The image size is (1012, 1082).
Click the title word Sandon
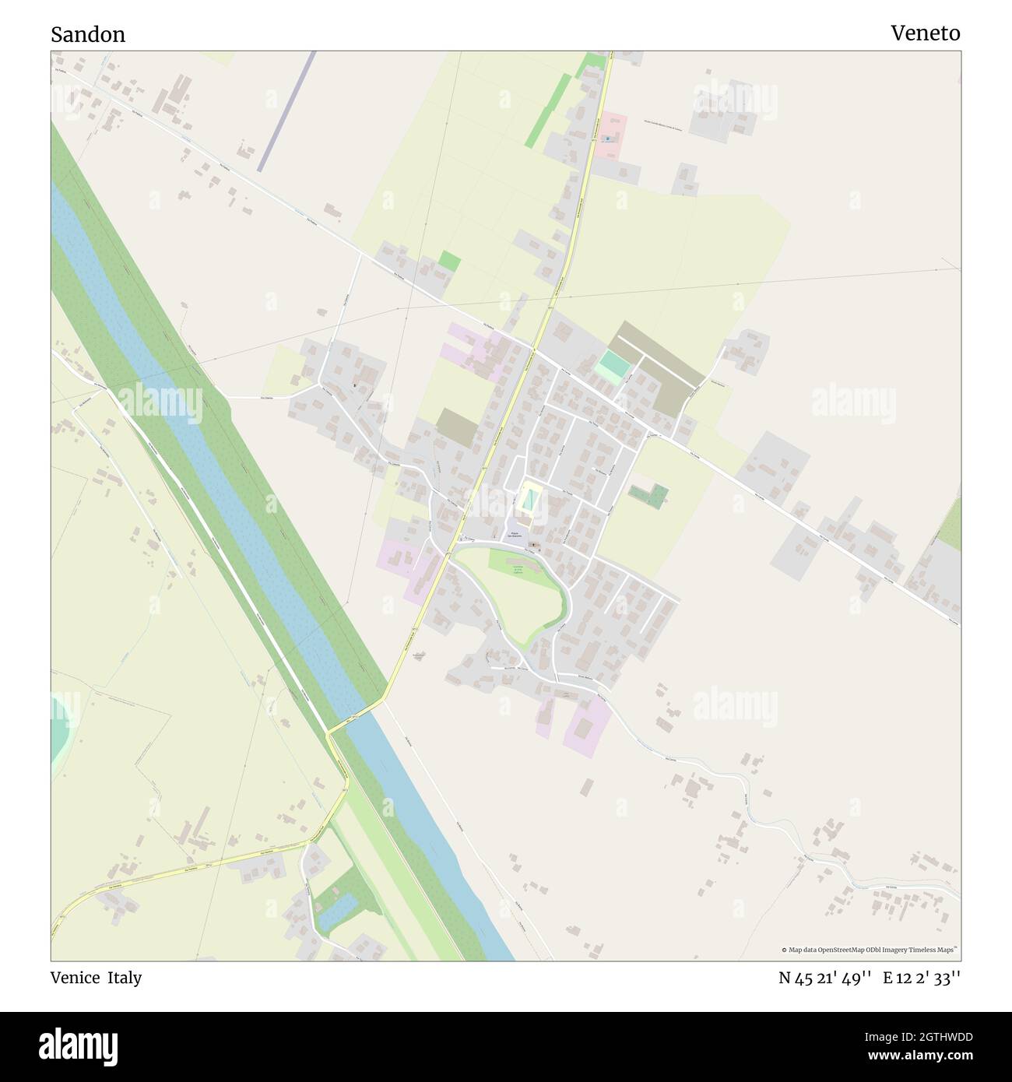[88, 34]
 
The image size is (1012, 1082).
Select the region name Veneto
[925, 33]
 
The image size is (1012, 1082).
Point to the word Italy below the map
[125, 978]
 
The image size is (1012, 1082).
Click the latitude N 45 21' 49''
[824, 978]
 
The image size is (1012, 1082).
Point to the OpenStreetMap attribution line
[870, 950]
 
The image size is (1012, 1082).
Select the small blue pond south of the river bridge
[338, 912]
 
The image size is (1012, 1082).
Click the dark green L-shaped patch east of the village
[648, 494]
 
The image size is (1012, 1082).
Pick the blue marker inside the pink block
[606, 139]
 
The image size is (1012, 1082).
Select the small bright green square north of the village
[449, 261]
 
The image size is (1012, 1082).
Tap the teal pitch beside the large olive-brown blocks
[612, 367]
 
